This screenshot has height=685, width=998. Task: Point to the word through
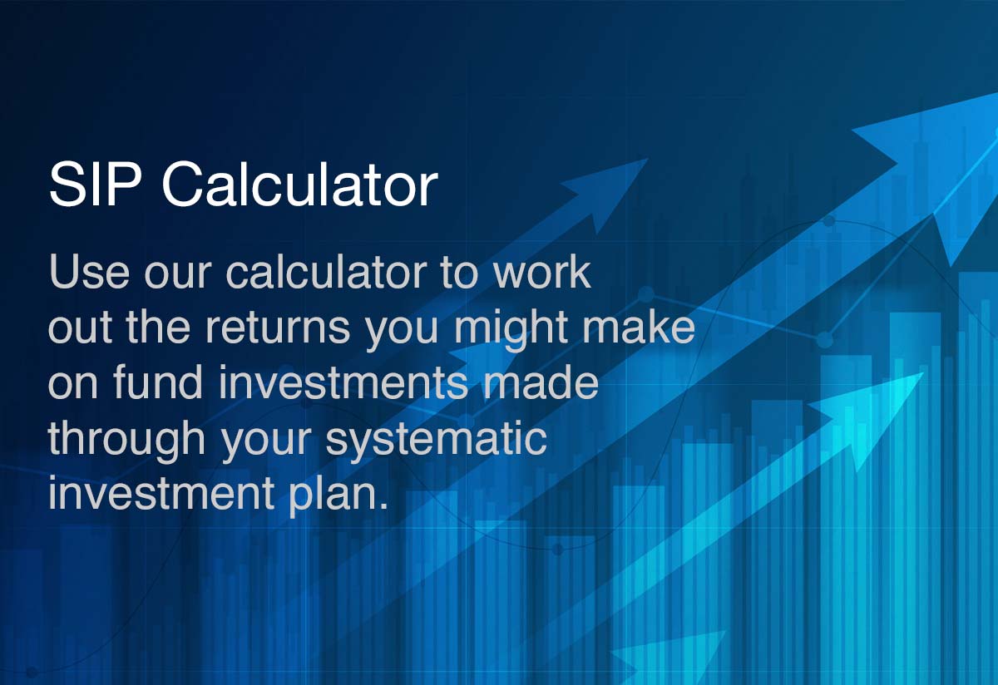[126, 438]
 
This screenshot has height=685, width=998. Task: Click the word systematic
[436, 438]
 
